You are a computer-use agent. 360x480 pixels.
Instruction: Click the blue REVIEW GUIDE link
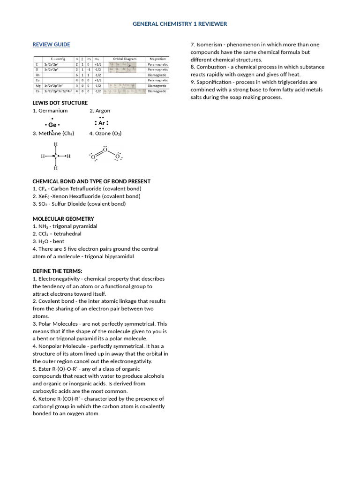[x=51, y=45]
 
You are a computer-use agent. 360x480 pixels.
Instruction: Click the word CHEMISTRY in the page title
[x=173, y=24]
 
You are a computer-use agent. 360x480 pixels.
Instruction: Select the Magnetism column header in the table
[x=157, y=59]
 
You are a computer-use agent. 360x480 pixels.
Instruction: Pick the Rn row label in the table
[x=37, y=75]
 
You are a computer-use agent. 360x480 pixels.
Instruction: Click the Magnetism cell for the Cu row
[x=157, y=80]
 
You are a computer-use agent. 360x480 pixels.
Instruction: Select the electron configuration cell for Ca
[x=58, y=91]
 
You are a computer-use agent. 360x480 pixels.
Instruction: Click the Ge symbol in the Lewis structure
[x=52, y=125]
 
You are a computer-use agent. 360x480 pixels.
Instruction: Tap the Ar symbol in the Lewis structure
[x=102, y=123]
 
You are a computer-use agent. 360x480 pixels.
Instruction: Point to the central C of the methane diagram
[x=56, y=156]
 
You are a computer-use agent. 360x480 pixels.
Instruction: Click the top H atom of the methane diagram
[x=56, y=144]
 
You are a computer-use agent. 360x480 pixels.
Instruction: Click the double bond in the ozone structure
[x=99, y=153]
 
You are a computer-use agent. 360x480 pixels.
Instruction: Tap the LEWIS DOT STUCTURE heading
[x=60, y=103]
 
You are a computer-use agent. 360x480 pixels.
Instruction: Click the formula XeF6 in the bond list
[x=44, y=196]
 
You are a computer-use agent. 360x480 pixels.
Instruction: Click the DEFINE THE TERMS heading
[x=57, y=271]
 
